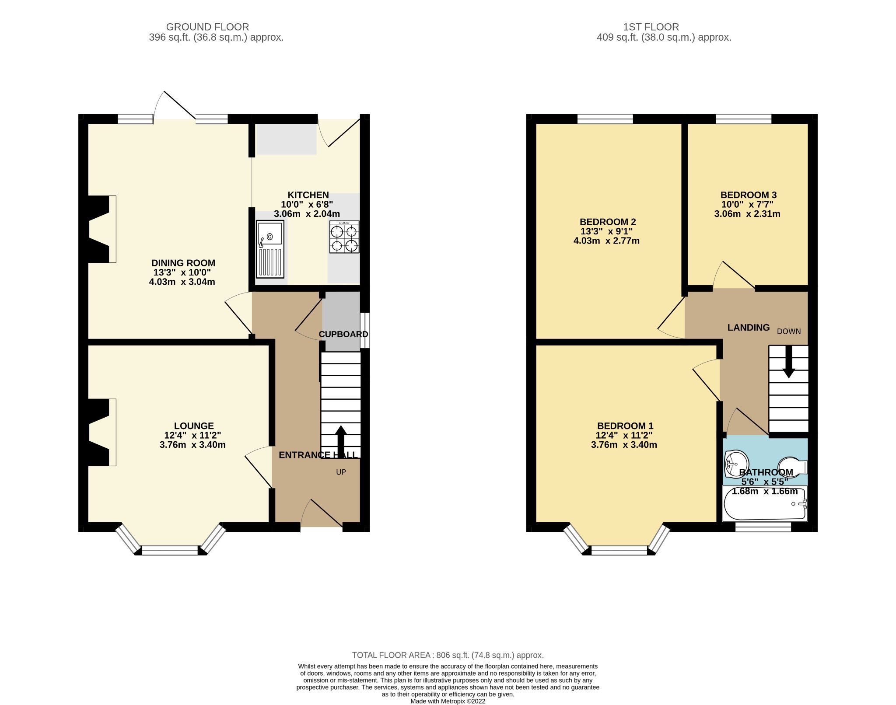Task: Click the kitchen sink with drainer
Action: [270, 249]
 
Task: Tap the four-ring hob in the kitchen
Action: [344, 237]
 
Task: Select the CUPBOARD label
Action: [343, 334]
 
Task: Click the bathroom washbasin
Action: [736, 464]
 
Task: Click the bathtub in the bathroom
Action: [765, 504]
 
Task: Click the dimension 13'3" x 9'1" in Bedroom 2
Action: [606, 231]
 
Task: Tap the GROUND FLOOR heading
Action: [207, 27]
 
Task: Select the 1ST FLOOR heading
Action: [651, 27]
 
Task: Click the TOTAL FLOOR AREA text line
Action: [448, 655]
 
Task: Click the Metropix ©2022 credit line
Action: [448, 701]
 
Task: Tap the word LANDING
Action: [748, 328]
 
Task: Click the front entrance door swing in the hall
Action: [322, 514]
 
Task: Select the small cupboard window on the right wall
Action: [365, 330]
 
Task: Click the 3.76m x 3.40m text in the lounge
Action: [192, 445]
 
